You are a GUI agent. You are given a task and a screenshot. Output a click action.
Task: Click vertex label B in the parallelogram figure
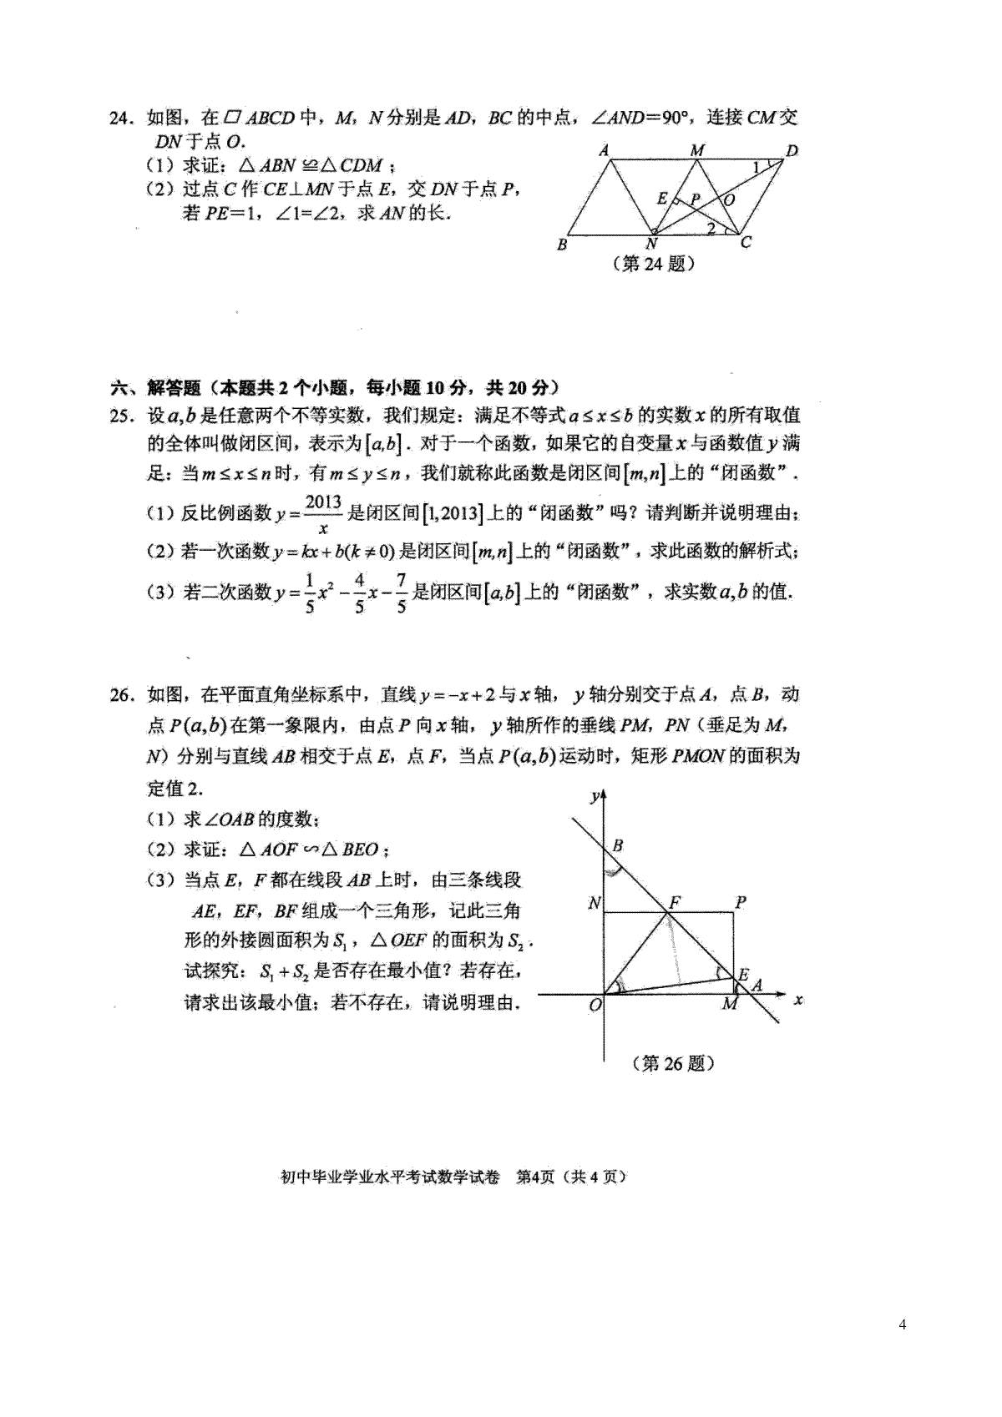562,245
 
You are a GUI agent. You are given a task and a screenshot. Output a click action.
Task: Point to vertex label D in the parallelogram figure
792,151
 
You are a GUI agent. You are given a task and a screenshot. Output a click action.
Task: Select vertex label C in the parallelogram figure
746,242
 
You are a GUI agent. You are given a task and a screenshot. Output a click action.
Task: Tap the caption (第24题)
654,265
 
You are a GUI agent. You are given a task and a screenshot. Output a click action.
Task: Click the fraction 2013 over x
323,514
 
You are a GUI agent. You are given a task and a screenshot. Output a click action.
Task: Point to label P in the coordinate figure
740,901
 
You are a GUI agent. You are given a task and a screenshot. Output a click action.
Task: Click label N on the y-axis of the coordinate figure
594,903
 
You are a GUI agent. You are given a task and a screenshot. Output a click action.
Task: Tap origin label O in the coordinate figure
595,1006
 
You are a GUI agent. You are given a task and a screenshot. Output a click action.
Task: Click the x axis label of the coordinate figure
799,999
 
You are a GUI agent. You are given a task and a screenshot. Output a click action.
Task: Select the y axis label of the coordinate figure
594,795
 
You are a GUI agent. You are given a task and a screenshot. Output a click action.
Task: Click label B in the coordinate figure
618,845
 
